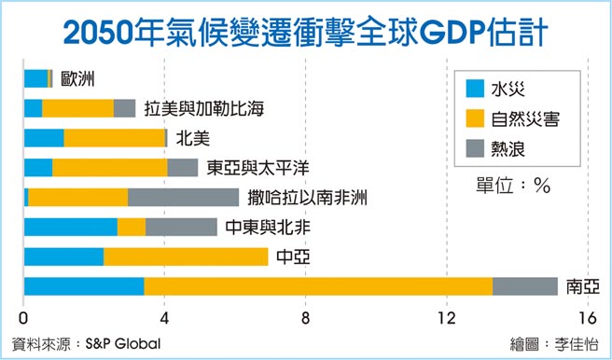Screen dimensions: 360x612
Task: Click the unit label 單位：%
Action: tap(512, 185)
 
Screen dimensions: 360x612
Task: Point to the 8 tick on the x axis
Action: tap(306, 315)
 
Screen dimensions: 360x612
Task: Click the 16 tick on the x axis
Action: tap(587, 315)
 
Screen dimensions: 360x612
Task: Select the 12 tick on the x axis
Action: tap(447, 315)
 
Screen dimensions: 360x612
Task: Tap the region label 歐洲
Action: tap(77, 79)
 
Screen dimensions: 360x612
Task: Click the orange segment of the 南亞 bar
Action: tap(318, 286)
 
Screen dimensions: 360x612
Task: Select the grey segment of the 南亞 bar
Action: tap(524, 286)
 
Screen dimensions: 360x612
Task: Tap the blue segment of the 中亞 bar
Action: tap(63, 256)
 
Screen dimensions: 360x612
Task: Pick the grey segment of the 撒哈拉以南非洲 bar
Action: tap(183, 197)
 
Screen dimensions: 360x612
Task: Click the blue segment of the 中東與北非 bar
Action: tap(71, 227)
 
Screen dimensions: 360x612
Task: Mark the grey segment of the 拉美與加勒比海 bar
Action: tap(124, 108)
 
